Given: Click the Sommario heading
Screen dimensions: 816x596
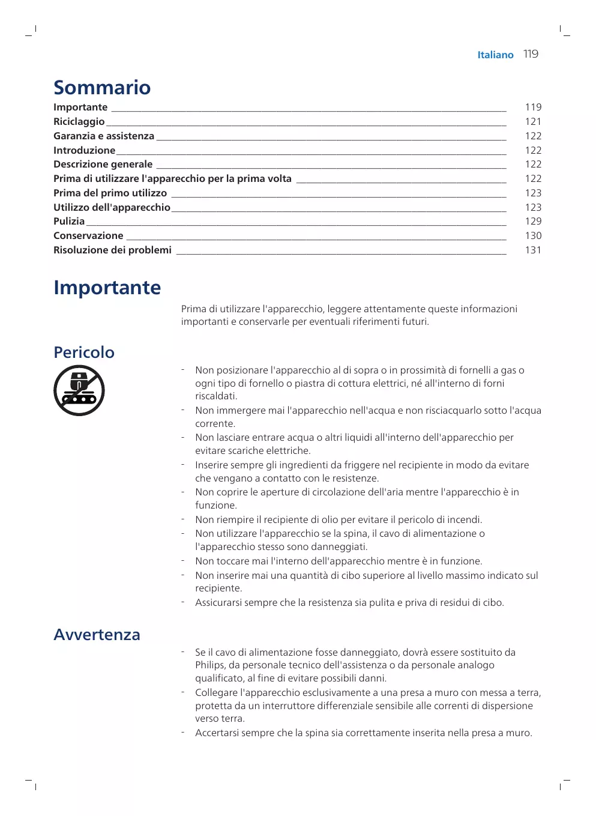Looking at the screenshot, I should [x=102, y=88].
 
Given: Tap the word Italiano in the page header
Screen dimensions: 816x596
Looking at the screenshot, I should [x=495, y=55].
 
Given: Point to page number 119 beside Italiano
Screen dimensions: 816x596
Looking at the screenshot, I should [x=531, y=54].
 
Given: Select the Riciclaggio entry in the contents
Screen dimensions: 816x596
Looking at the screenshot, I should [x=79, y=121].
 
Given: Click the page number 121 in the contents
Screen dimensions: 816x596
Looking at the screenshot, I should [x=533, y=121].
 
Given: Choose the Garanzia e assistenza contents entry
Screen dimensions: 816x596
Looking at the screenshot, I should [x=104, y=136].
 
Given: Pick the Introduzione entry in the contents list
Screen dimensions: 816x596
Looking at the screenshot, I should [x=84, y=150].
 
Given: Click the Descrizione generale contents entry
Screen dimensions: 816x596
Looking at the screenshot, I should [x=103, y=164].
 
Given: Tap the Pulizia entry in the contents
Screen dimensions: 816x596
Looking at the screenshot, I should [x=69, y=221].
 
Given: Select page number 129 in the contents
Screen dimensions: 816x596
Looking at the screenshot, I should [x=533, y=221].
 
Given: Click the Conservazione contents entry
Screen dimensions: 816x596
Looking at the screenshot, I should [x=88, y=235].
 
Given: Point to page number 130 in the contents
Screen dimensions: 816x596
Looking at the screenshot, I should [x=533, y=235].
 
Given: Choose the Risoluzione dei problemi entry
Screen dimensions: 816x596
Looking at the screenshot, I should [x=112, y=250].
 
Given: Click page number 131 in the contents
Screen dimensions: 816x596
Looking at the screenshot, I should [x=533, y=250].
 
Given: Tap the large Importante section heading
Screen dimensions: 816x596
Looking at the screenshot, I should [x=107, y=288].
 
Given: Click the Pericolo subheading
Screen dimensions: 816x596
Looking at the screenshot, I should [x=84, y=352].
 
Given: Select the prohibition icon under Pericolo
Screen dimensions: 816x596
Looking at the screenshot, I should [x=79, y=390].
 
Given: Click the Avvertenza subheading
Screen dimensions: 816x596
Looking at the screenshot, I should [x=97, y=635].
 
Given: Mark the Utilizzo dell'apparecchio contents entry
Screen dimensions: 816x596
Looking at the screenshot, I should [x=112, y=207].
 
